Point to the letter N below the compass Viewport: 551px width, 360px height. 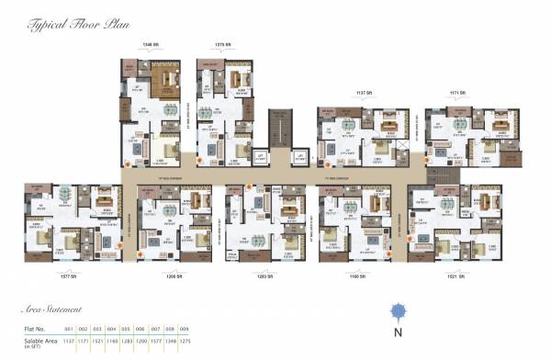(x=398, y=332)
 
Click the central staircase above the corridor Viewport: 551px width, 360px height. (x=279, y=129)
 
